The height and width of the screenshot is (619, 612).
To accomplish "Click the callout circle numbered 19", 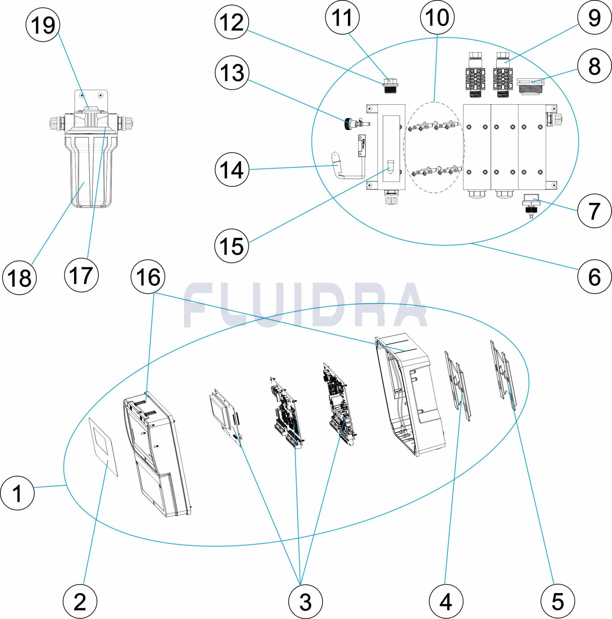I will click(x=43, y=25).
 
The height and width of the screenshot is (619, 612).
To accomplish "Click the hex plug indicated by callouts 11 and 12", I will click(x=390, y=86).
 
